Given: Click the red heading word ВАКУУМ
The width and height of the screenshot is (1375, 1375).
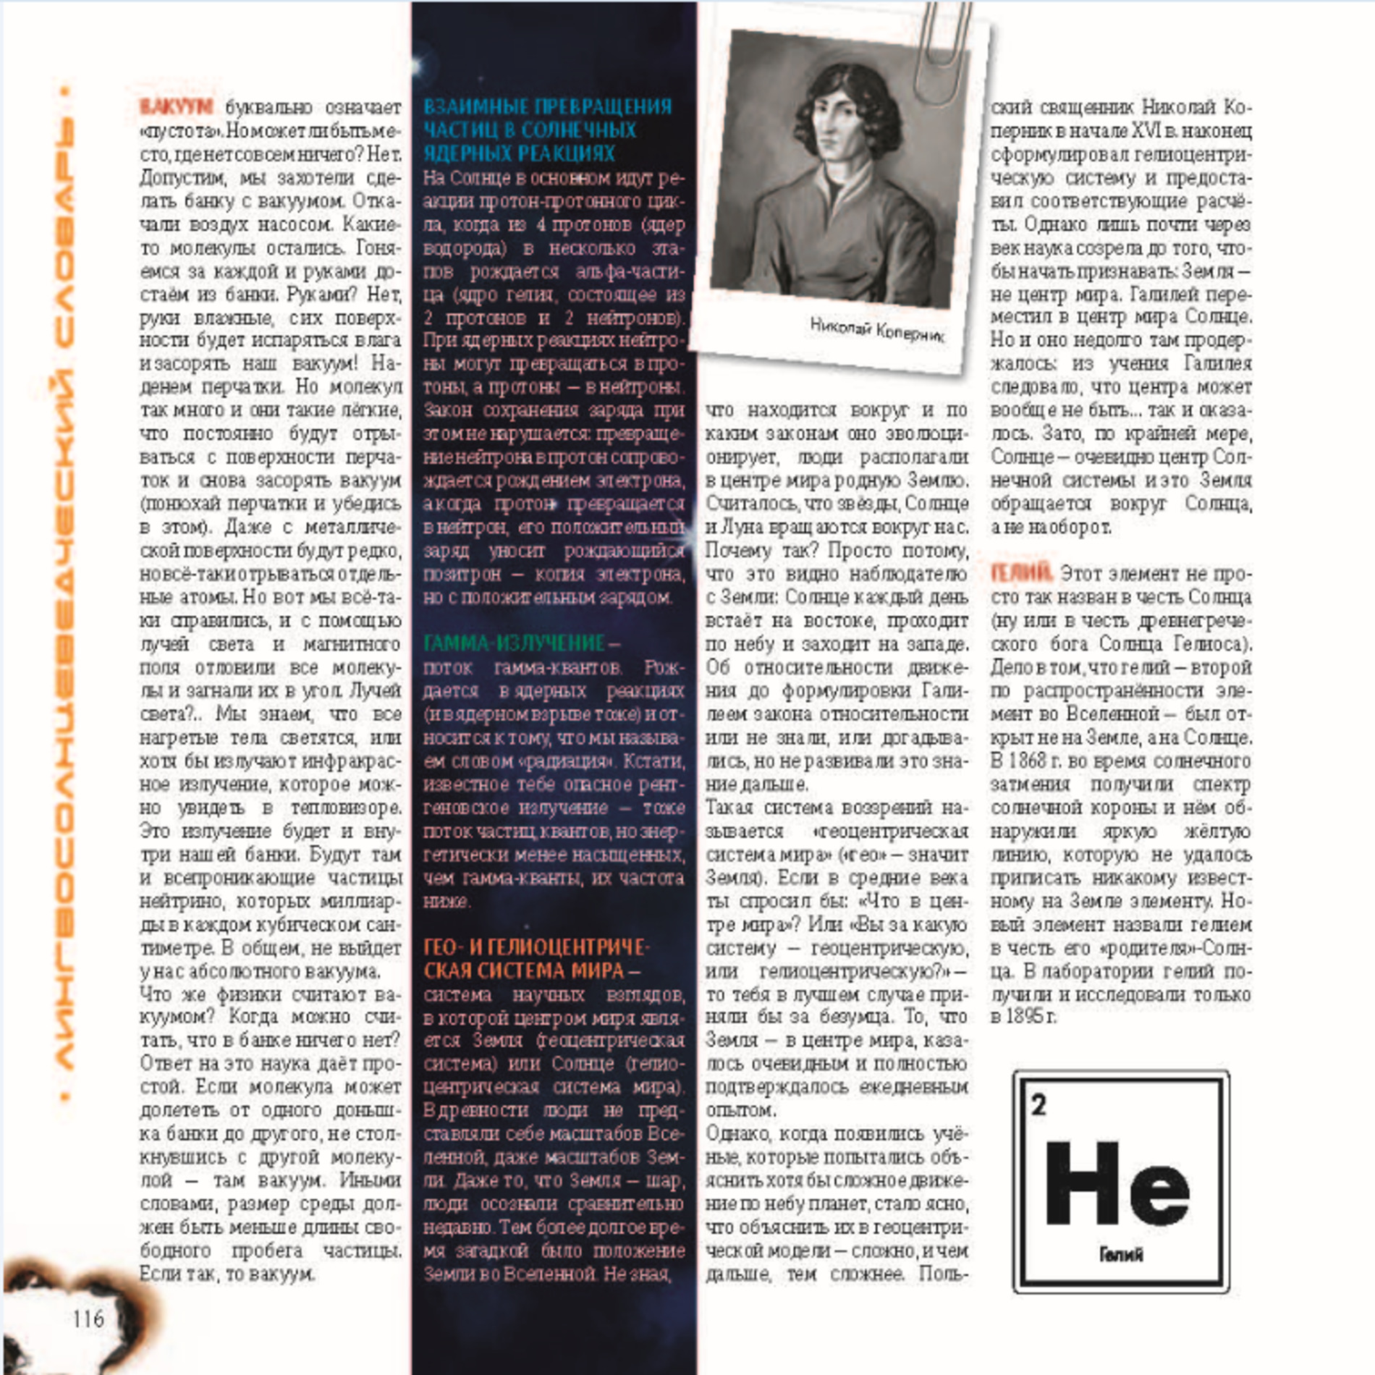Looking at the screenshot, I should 176,107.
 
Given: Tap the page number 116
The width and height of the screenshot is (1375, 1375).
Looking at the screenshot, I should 88,1319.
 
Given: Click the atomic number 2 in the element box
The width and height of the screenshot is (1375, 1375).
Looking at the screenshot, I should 1038,1105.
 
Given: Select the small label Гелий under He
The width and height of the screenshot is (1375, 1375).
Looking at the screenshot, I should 1120,1255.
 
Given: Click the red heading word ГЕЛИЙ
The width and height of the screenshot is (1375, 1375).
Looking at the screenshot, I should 1021,573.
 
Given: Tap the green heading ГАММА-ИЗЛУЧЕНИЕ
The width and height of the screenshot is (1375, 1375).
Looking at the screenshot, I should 514,643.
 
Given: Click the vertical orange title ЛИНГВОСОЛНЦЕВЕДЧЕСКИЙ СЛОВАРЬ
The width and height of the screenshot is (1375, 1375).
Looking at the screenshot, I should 64,593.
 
